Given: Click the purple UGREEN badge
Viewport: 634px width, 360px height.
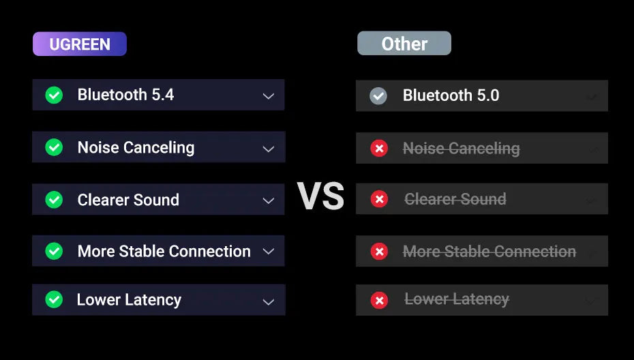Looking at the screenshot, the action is click(x=80, y=44).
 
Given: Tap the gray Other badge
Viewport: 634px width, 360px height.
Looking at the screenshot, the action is click(x=404, y=43).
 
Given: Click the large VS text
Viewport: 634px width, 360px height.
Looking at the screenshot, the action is click(x=320, y=196).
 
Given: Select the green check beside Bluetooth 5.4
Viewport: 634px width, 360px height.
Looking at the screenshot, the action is click(x=54, y=95).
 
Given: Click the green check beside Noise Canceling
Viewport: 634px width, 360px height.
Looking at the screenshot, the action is click(x=54, y=147).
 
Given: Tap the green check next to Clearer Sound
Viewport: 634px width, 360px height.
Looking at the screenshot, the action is click(x=54, y=199).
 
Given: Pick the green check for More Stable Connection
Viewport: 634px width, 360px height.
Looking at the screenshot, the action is click(x=54, y=251).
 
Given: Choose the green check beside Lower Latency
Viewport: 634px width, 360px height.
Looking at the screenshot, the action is click(x=54, y=300).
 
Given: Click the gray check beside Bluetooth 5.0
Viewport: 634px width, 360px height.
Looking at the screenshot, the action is click(x=378, y=96).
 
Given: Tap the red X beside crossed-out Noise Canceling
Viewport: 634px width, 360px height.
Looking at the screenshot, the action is click(x=379, y=149).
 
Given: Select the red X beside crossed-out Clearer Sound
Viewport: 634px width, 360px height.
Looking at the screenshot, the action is click(x=379, y=199).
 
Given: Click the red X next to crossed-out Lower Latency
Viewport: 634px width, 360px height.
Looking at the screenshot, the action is click(x=379, y=300).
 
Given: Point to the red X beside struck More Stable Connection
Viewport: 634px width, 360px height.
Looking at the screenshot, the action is click(x=379, y=252).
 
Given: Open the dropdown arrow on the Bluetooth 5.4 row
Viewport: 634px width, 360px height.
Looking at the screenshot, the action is click(x=269, y=96).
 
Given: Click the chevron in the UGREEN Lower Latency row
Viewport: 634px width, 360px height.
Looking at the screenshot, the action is click(x=269, y=302).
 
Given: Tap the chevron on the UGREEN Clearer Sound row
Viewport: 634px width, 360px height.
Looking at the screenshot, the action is click(x=269, y=200).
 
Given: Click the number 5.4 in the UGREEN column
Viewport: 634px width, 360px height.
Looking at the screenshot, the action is click(x=162, y=95).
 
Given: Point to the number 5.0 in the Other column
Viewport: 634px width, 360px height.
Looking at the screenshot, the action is click(x=488, y=95).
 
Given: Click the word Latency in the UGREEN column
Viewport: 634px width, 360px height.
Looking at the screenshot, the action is click(x=153, y=301).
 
